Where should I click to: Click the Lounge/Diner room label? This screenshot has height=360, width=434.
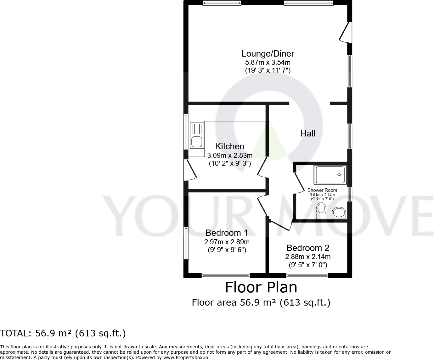pos(268,53)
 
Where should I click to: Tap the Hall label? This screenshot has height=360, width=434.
pos(308,134)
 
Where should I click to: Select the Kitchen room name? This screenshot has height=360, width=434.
pos(230,146)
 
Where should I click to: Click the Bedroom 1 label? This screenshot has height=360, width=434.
pos(227,233)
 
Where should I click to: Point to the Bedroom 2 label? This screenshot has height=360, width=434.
pos(308,248)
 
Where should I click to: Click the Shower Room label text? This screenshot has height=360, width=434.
pos(322,190)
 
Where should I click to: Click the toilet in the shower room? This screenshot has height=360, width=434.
pos(321,210)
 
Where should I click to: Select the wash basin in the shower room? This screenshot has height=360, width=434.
pos(339,213)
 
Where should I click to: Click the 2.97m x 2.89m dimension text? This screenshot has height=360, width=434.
pos(227,242)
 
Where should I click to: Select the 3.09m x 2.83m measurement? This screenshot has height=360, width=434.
pos(230,155)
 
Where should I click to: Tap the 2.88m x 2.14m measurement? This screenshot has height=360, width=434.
pos(308,257)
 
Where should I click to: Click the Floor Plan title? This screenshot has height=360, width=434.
pos(261,287)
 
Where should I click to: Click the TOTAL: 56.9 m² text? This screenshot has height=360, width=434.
pos(63,333)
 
